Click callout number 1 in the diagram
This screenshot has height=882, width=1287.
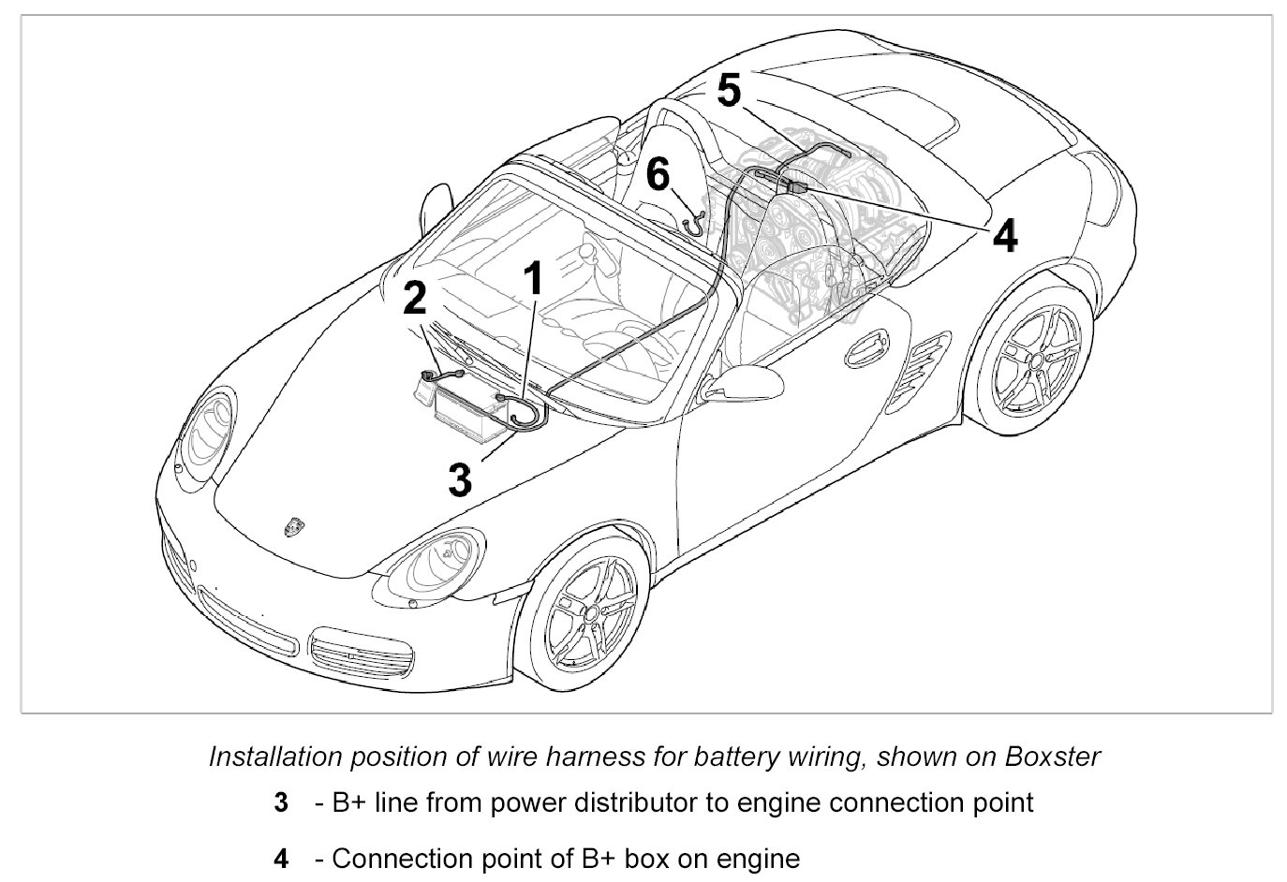(532, 280)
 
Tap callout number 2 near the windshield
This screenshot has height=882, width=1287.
(414, 299)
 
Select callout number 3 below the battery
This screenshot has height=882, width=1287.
(459, 478)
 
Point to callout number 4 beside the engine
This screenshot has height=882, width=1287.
(1004, 235)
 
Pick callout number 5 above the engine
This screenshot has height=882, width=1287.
(729, 92)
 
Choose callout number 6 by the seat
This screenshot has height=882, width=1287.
(658, 174)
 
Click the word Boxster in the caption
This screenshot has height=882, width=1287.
(1052, 757)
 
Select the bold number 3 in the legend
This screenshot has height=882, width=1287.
(281, 803)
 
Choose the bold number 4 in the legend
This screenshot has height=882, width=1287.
(281, 859)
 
